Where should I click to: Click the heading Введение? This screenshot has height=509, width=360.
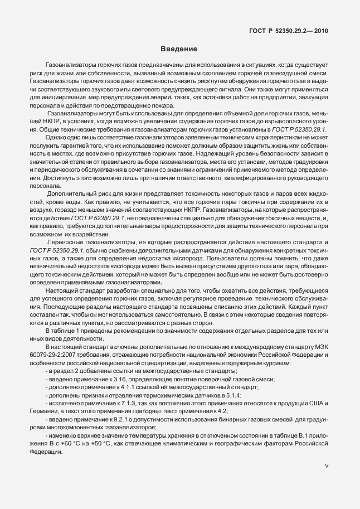pos(180,49)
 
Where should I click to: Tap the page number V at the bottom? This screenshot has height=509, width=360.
pos(327,479)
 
